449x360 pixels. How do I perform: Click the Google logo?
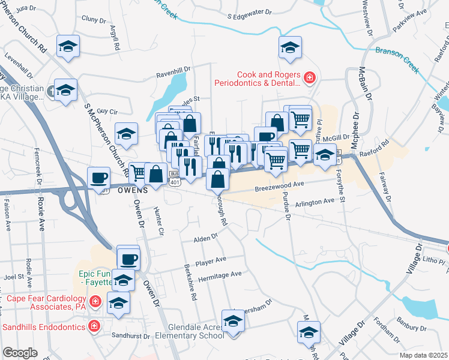point(20,352)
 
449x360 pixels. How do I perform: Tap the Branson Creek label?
point(396,59)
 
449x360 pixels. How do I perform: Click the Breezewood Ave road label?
point(280,187)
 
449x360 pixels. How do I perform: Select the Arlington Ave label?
point(315,202)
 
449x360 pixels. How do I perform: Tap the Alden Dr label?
point(205,239)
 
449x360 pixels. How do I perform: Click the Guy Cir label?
point(107,111)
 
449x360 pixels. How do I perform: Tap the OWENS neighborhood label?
point(131,190)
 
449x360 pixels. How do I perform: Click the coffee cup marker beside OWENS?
point(99,178)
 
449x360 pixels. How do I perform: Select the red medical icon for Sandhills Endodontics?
point(94,326)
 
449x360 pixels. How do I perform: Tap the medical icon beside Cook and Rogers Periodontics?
point(310,78)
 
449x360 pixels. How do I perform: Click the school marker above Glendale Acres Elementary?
point(232,321)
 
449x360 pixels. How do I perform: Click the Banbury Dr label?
point(411,328)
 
